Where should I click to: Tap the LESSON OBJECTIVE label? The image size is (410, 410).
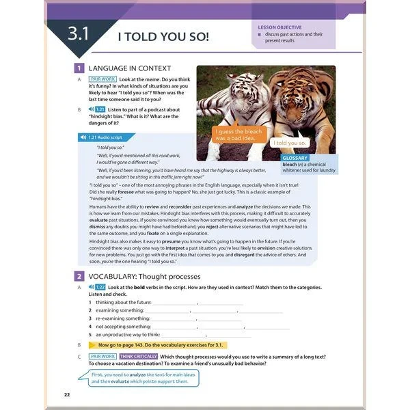(279, 27)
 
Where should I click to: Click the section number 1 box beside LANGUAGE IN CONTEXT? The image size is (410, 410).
(79, 68)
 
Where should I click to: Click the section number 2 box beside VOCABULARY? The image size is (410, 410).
(79, 276)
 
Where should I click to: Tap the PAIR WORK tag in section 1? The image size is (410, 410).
(104, 79)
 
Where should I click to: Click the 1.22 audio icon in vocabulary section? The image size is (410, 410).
(98, 288)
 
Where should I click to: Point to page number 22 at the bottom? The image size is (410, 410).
(67, 395)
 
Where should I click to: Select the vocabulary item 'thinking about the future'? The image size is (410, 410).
(123, 302)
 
